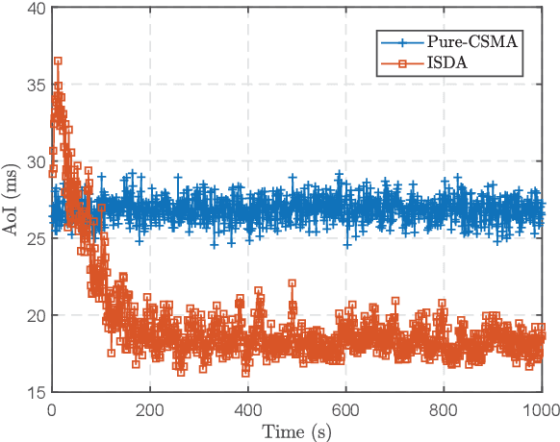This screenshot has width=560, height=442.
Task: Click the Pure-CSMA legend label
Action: tap(470, 42)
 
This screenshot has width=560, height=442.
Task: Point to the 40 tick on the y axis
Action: tap(37, 9)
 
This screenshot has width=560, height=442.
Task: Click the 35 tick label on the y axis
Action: tap(37, 86)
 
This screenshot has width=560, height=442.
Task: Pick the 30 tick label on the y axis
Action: tap(37, 162)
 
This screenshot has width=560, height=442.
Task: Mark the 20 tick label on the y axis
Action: tap(37, 315)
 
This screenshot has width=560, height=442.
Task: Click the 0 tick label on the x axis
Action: tap(52, 407)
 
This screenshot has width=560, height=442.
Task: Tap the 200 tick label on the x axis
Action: tap(150, 407)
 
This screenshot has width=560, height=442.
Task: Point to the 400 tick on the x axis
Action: tap(248, 407)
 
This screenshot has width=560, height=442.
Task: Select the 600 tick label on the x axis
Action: tap(346, 407)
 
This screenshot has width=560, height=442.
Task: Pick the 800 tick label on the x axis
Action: tap(445, 407)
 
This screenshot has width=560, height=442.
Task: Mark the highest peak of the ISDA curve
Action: tap(58, 61)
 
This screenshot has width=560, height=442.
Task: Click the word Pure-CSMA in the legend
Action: tap(470, 42)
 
